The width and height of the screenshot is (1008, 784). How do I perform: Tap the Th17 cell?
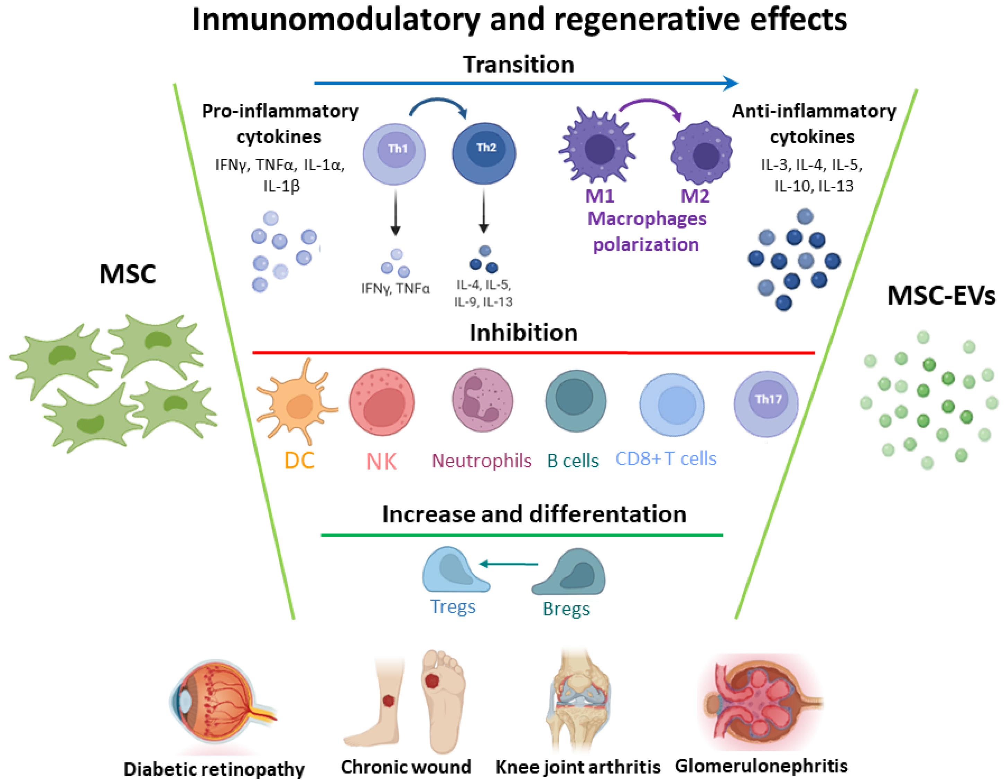click(766, 404)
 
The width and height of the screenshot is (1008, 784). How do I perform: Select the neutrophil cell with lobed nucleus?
click(482, 400)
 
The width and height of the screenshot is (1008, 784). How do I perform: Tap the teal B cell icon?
click(576, 400)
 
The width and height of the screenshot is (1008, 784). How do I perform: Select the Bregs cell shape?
click(570, 573)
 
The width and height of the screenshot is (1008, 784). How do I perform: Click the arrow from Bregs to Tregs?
click(509, 564)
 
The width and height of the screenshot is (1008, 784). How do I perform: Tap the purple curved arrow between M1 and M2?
click(651, 106)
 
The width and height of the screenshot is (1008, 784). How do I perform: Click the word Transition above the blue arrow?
click(518, 64)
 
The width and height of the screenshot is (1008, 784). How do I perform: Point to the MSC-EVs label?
click(941, 295)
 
